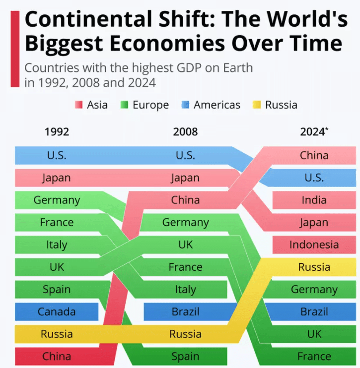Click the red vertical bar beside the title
[x=15, y=49]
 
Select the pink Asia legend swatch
[x=78, y=105]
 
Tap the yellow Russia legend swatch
[x=257, y=105]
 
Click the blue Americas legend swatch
[x=185, y=105]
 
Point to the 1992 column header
[x=57, y=132]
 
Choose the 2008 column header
[x=185, y=132]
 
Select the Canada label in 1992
[x=57, y=312]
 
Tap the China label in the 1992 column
[x=57, y=356]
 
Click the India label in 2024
[x=314, y=200]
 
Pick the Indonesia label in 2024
[x=314, y=245]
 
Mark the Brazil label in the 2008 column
[x=185, y=312]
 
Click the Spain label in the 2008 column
[x=185, y=356]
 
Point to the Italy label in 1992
[x=57, y=245]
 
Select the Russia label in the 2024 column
[x=314, y=267]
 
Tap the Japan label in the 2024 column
[x=314, y=223]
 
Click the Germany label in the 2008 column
[x=185, y=223]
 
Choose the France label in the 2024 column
[x=314, y=356]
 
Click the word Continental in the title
[x=86, y=20]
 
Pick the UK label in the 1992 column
[x=57, y=267]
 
